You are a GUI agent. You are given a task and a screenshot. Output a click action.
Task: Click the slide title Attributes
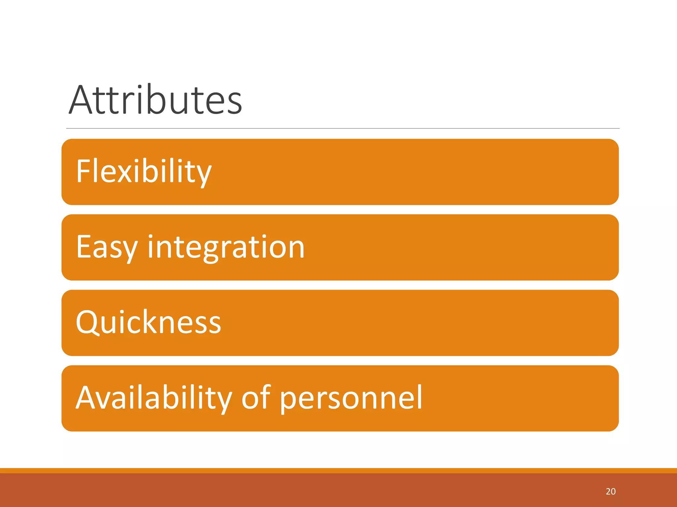click(155, 100)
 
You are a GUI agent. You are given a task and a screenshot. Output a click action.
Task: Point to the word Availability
click(154, 397)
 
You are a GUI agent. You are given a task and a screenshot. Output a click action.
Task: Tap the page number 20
click(611, 491)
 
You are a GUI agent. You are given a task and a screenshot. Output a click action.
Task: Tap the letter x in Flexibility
click(126, 173)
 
